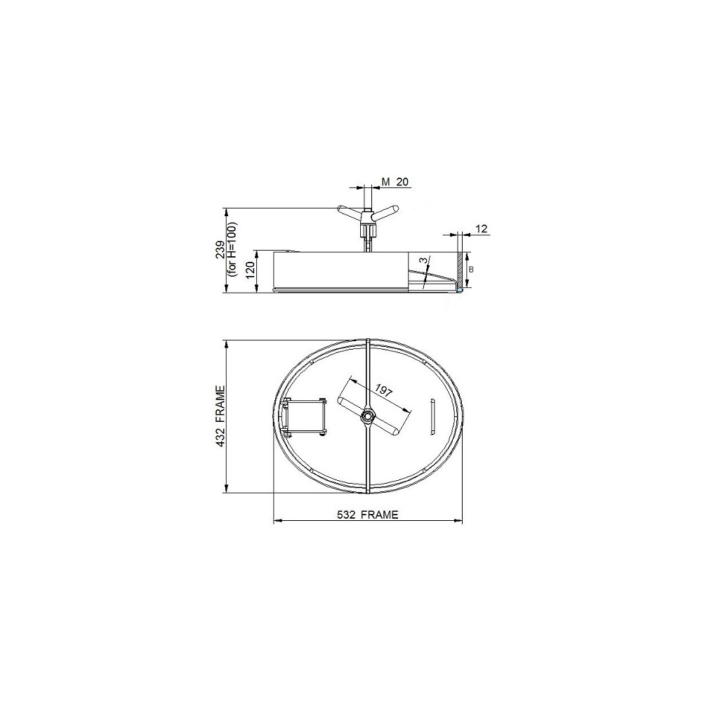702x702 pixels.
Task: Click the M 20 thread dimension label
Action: (395, 181)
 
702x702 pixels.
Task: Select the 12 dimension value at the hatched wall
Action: (481, 229)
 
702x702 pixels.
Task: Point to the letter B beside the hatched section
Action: (470, 270)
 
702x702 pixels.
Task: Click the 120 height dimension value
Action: (251, 270)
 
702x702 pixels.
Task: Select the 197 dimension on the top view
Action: (384, 390)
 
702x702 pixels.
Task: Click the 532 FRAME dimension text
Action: (367, 515)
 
